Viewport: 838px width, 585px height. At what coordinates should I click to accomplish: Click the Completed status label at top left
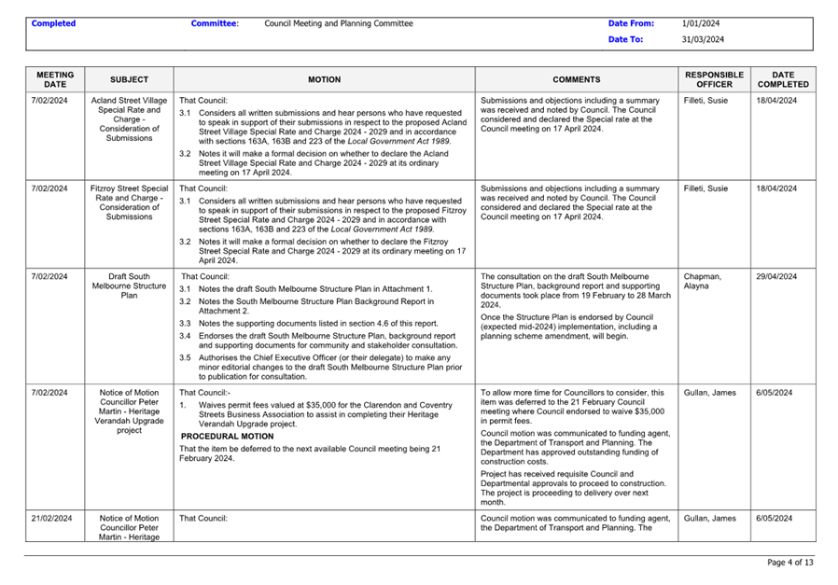tap(53, 23)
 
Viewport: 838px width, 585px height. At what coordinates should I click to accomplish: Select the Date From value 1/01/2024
tap(700, 23)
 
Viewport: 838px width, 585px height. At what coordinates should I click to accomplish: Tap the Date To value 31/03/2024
tap(703, 40)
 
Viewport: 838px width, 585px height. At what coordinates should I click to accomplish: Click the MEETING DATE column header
tap(55, 79)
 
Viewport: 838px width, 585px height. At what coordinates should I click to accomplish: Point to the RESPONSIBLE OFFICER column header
tap(714, 79)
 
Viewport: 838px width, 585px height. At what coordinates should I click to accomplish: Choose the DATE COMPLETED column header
tap(783, 79)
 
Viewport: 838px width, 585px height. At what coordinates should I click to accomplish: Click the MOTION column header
tap(324, 80)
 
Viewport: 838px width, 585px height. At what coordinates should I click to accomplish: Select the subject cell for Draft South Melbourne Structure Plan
tap(129, 286)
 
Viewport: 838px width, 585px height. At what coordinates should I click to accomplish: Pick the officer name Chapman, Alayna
tap(703, 281)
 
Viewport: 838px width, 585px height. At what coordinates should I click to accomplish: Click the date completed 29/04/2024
tap(776, 276)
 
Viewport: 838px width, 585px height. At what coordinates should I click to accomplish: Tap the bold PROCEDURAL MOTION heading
tap(227, 436)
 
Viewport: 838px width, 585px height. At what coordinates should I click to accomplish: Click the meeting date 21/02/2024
tap(51, 518)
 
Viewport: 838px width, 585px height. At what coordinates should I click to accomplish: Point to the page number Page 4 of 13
tap(789, 563)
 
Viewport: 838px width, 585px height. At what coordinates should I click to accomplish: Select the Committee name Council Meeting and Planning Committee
tap(339, 23)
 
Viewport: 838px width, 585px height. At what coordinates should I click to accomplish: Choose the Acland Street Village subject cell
tap(129, 118)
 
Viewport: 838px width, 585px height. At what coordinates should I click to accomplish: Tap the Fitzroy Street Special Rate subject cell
tap(129, 202)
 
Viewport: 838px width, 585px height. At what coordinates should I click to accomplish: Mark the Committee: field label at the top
tap(215, 23)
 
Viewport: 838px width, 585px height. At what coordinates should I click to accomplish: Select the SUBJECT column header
tap(129, 80)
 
